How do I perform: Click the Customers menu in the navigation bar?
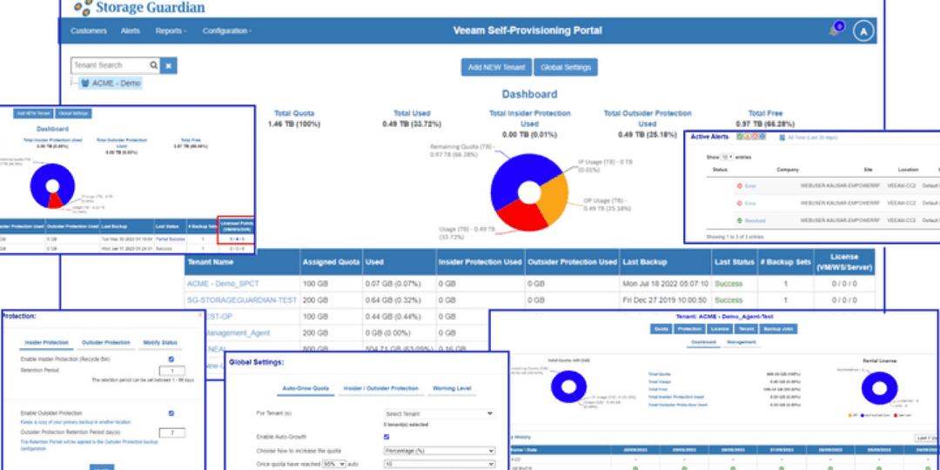(88, 31)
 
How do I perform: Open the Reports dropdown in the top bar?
(170, 31)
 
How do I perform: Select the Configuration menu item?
(226, 31)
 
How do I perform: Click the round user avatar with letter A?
(863, 31)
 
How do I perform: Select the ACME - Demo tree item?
(116, 84)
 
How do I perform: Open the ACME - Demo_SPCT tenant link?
(224, 284)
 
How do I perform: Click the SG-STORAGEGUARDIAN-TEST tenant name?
(241, 300)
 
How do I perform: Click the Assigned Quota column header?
(331, 262)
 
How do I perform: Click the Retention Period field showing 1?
(171, 370)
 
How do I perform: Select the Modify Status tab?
(159, 343)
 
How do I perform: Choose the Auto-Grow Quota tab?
(305, 388)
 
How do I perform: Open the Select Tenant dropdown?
(439, 414)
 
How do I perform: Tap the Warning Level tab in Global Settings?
(453, 388)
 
